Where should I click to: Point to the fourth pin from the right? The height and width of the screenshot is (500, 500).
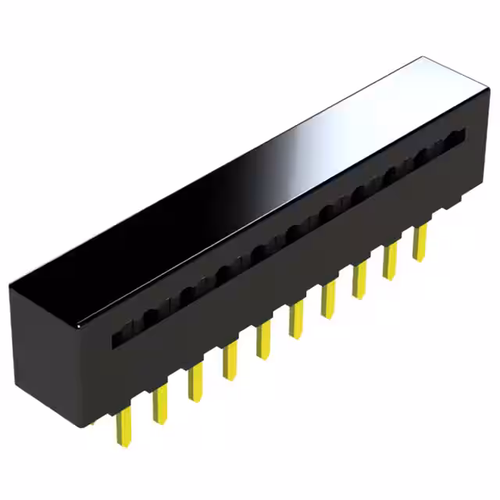pyautogui.click(x=328, y=301)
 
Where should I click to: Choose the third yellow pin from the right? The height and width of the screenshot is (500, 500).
pyautogui.click(x=359, y=281)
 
